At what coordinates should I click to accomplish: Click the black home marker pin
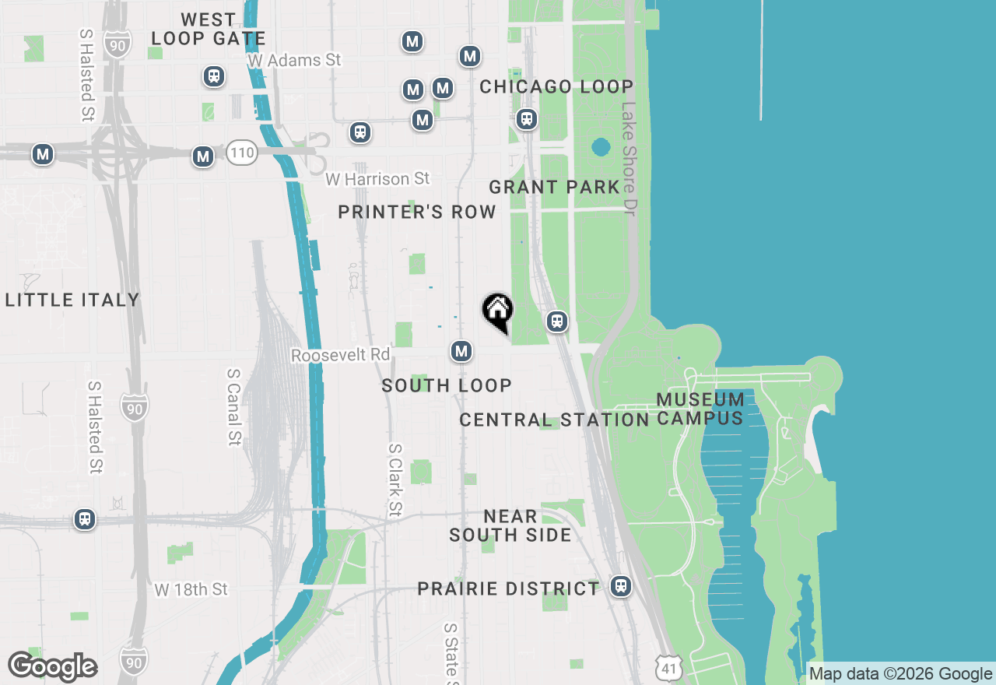coord(498,311)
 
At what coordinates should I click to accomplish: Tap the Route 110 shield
coord(242,153)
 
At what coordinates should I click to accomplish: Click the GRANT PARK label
coord(554,187)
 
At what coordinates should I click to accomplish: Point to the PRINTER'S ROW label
coord(417,212)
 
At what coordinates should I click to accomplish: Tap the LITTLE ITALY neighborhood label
coord(72,300)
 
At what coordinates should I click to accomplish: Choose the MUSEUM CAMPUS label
coord(700,409)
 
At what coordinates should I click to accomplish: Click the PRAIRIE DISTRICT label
coord(508,588)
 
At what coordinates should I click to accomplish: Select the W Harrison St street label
coord(377,179)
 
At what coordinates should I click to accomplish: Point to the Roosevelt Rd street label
coord(341,355)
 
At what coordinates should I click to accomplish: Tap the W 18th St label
coord(191,589)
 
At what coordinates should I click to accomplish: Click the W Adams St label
coord(294,60)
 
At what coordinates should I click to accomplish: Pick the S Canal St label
coord(233,406)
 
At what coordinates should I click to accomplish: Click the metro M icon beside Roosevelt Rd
coord(462,351)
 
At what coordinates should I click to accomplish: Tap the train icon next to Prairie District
coord(620,585)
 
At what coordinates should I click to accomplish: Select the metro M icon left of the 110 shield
coord(203,156)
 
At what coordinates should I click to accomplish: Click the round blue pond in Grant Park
coord(600,146)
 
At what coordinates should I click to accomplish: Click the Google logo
coord(52,667)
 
